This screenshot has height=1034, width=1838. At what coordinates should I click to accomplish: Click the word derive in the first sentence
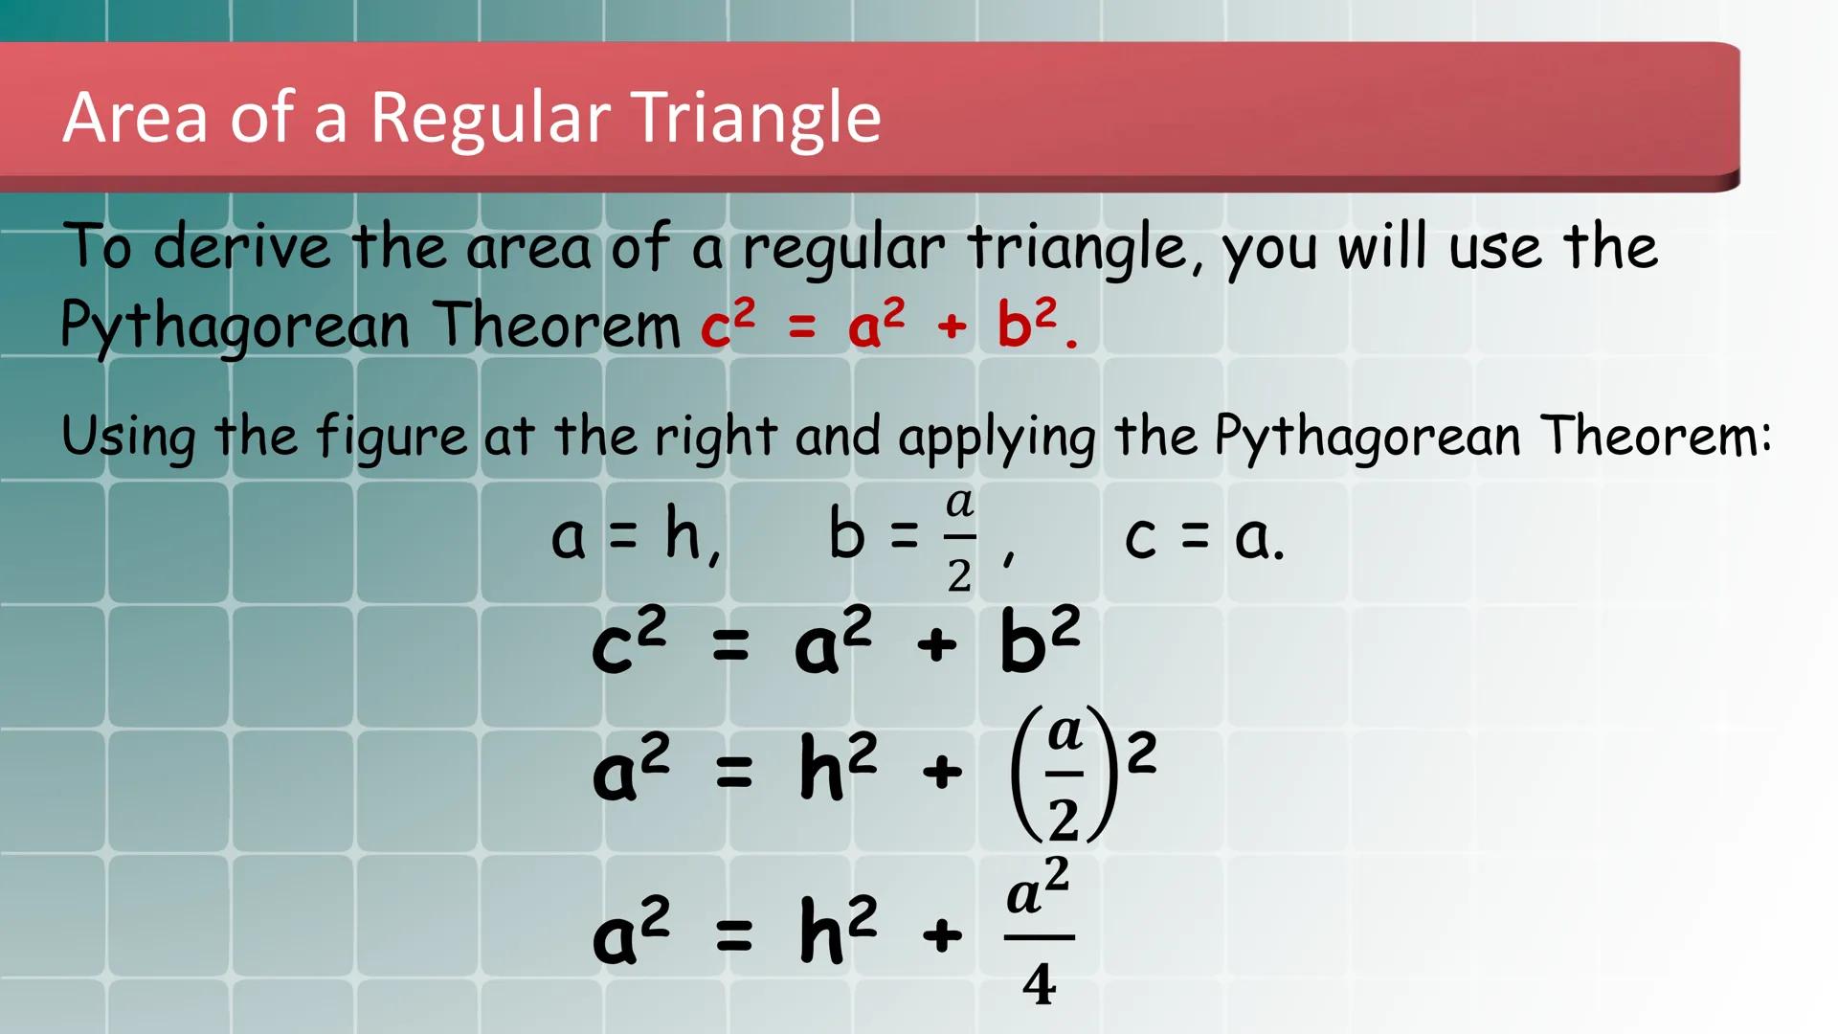click(x=242, y=246)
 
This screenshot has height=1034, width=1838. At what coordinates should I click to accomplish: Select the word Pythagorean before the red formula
click(x=235, y=326)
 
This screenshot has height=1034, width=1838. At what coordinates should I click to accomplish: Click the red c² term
click(x=728, y=323)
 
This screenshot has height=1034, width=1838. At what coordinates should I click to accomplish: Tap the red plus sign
click(x=952, y=326)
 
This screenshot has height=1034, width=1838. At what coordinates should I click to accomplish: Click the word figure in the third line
click(x=392, y=438)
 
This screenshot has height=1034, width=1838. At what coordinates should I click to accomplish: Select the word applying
click(x=997, y=438)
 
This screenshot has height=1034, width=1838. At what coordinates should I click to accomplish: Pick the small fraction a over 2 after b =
click(x=959, y=539)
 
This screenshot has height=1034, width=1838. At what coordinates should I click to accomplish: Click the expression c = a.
click(x=1203, y=537)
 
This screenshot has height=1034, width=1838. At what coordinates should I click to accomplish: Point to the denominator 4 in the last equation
click(x=1039, y=984)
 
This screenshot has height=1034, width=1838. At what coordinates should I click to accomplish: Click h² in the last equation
click(x=839, y=931)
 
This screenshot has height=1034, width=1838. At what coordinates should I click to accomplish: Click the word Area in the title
click(x=135, y=119)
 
